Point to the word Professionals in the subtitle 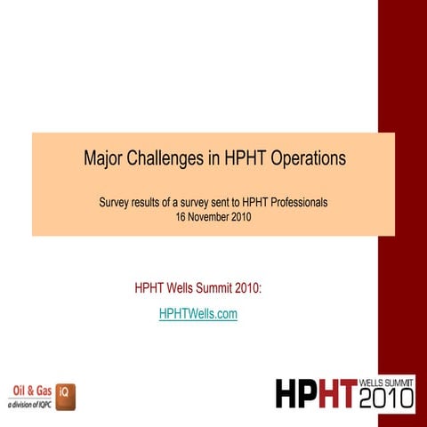click(294, 202)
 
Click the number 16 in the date click(184, 216)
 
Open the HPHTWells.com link click(198, 314)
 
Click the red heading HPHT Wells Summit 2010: click(198, 288)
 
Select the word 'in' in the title click(213, 160)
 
